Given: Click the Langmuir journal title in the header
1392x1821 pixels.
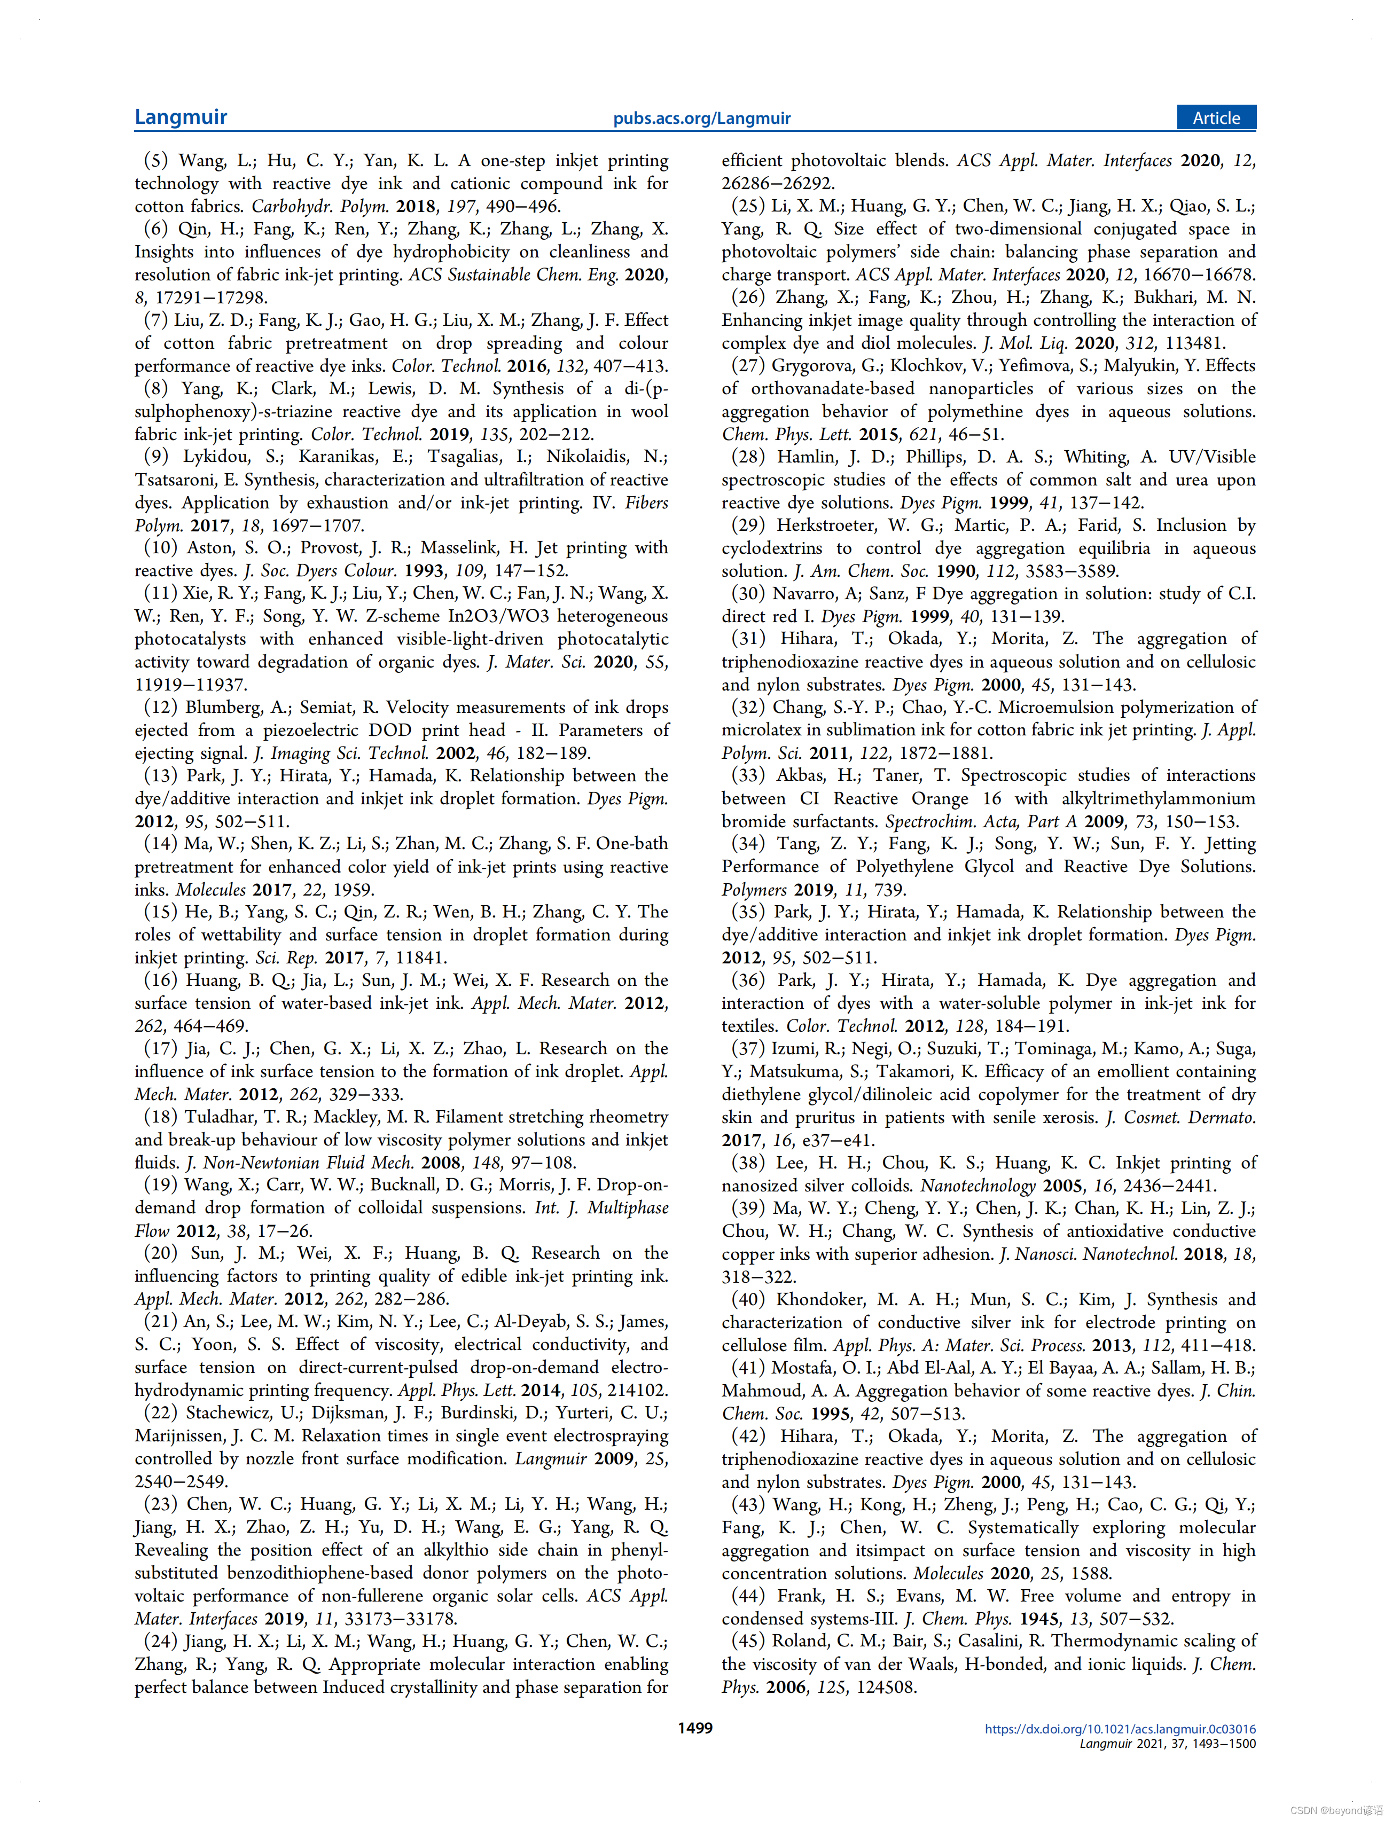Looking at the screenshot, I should (x=181, y=117).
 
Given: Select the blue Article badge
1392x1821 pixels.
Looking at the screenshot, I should (x=1216, y=117).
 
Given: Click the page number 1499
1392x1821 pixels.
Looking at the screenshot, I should (x=694, y=1728).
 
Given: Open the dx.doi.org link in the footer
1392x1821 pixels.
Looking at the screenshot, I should (x=1120, y=1729).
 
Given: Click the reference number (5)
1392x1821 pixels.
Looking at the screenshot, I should (x=156, y=161).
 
